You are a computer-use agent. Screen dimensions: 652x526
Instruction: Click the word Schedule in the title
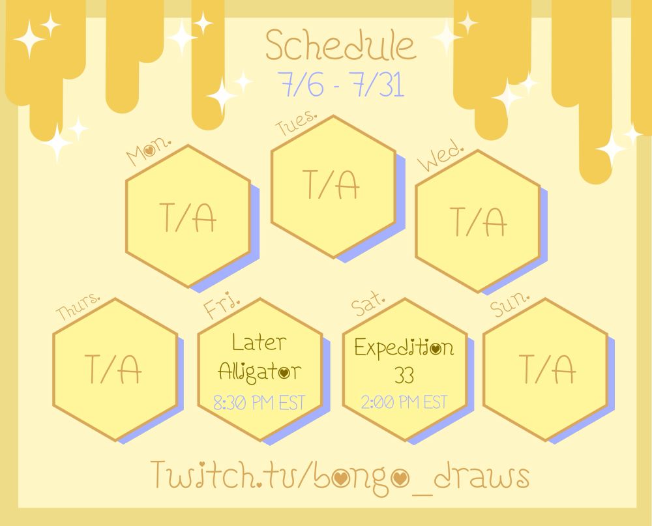tap(340, 46)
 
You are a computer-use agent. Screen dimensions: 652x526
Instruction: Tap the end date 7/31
tap(378, 85)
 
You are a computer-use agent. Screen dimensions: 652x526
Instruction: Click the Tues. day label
tap(296, 123)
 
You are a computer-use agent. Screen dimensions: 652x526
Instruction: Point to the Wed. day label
tap(440, 157)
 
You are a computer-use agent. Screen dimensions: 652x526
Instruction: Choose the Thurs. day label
tap(78, 307)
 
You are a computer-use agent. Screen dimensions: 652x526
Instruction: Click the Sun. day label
tap(510, 304)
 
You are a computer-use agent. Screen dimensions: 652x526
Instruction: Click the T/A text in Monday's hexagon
tap(188, 218)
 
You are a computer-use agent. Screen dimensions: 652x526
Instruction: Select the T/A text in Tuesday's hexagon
tap(333, 184)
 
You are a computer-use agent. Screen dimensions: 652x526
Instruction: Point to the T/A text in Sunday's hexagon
tap(548, 369)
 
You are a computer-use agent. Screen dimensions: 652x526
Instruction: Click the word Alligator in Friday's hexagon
tap(260, 372)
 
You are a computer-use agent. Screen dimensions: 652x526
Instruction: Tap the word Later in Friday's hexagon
tap(259, 343)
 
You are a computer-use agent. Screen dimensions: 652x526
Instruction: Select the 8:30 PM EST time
tap(259, 403)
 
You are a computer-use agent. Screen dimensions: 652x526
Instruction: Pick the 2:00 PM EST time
tap(404, 402)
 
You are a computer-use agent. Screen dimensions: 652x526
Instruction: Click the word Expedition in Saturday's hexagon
tap(404, 347)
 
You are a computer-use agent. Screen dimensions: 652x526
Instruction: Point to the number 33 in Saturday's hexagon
tap(404, 375)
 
